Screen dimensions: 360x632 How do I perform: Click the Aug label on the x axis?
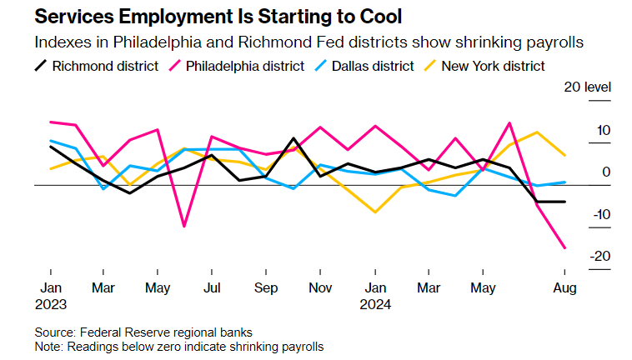(565, 287)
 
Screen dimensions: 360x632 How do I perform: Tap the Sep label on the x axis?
(266, 287)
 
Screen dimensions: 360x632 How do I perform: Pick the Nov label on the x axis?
(320, 287)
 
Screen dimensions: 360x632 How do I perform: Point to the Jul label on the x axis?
(212, 287)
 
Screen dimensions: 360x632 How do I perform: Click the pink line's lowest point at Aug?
(565, 247)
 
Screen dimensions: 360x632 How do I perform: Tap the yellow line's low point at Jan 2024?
(375, 212)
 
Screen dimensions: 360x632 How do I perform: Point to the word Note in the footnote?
(48, 346)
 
